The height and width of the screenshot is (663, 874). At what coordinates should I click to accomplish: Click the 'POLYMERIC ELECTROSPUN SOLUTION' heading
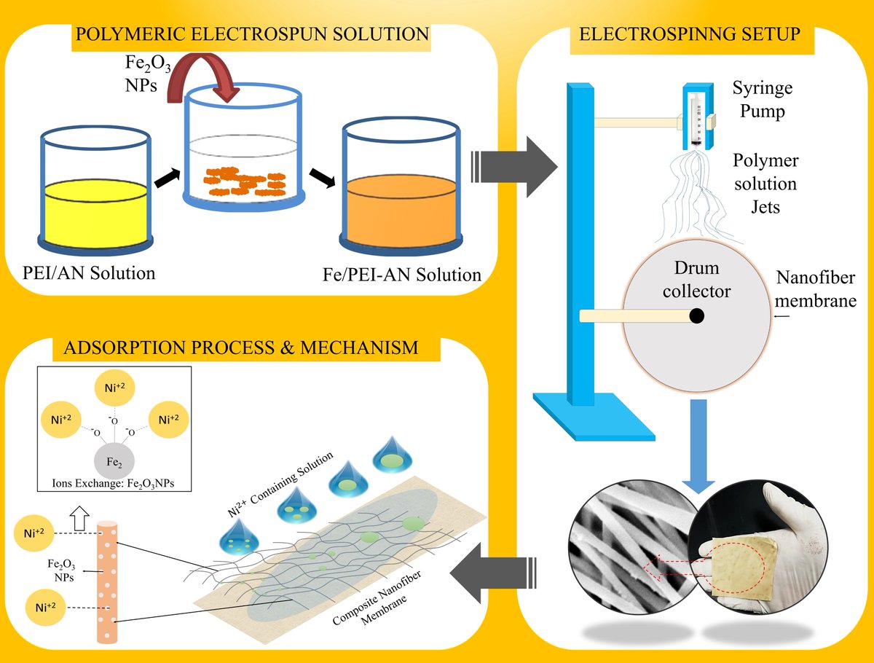(x=250, y=34)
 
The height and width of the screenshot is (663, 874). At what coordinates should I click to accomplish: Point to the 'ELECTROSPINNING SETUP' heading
(x=690, y=34)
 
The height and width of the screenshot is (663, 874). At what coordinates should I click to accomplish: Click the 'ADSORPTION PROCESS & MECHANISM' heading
(x=241, y=347)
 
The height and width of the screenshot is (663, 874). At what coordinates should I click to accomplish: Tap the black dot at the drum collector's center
(x=696, y=315)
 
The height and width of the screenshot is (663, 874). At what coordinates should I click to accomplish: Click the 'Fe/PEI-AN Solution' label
(x=401, y=275)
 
